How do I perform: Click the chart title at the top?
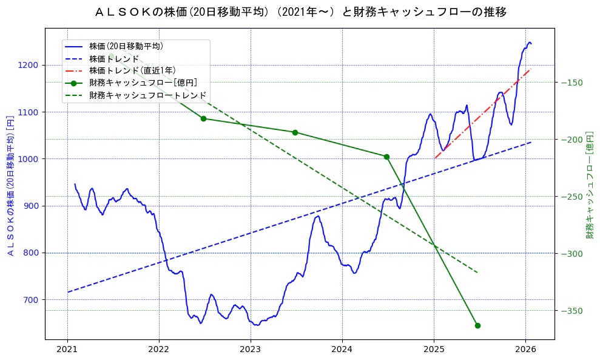(300, 12)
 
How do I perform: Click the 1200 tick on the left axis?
(29, 66)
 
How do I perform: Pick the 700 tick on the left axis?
(32, 300)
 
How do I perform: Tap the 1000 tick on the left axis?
(29, 159)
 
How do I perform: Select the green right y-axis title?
(589, 185)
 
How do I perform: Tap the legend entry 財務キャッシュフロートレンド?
(147, 95)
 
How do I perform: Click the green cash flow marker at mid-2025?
(477, 325)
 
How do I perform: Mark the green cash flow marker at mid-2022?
(203, 118)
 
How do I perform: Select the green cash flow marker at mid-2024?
(386, 157)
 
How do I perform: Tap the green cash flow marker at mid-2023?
(295, 132)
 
